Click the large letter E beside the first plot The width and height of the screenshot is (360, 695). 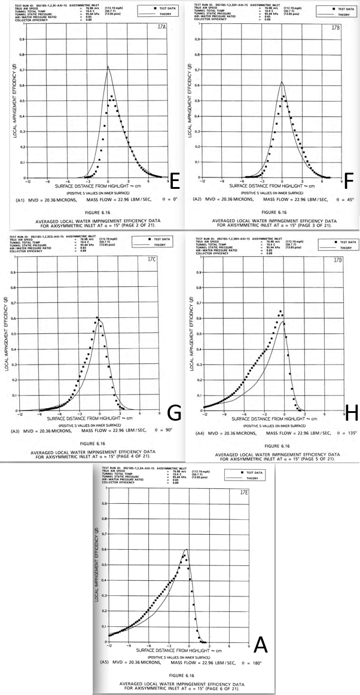pyautogui.click(x=176, y=180)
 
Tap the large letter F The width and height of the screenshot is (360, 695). pyautogui.click(x=350, y=180)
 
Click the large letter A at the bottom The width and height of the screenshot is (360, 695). pyautogui.click(x=261, y=645)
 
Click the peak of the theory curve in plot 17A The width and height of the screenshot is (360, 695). pyautogui.click(x=108, y=66)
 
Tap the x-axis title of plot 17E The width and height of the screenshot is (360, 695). pyautogui.click(x=178, y=649)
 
